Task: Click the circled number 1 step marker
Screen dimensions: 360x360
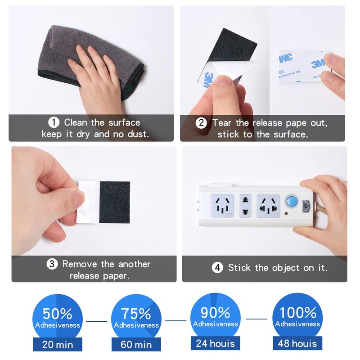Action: pyautogui.click(x=54, y=122)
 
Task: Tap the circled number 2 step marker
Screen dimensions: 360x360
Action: pyautogui.click(x=201, y=123)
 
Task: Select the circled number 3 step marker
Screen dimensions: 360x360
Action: pyautogui.click(x=52, y=264)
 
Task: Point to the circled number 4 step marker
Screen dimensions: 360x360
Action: pyautogui.click(x=217, y=267)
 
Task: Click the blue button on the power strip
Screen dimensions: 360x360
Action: pyautogui.click(x=292, y=201)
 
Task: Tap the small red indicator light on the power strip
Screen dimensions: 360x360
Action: pyautogui.click(x=286, y=213)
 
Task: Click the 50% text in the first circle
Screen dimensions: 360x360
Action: pyautogui.click(x=58, y=313)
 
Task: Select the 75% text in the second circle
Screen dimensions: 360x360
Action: pyautogui.click(x=136, y=313)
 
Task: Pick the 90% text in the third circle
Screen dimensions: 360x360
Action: pyautogui.click(x=216, y=312)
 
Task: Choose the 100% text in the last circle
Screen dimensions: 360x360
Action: pyautogui.click(x=298, y=312)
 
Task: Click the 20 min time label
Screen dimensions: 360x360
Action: pyautogui.click(x=58, y=345)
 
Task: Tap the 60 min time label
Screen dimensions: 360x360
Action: pyautogui.click(x=136, y=345)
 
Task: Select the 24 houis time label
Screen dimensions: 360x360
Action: pyautogui.click(x=216, y=343)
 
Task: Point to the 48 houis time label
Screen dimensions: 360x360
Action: pyautogui.click(x=297, y=343)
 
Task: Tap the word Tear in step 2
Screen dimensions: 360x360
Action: pyautogui.click(x=221, y=123)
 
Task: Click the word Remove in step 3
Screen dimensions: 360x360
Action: pyautogui.click(x=80, y=264)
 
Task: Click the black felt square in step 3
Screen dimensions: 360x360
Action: pyautogui.click(x=115, y=202)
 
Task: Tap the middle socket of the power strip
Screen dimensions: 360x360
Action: pyautogui.click(x=245, y=206)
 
